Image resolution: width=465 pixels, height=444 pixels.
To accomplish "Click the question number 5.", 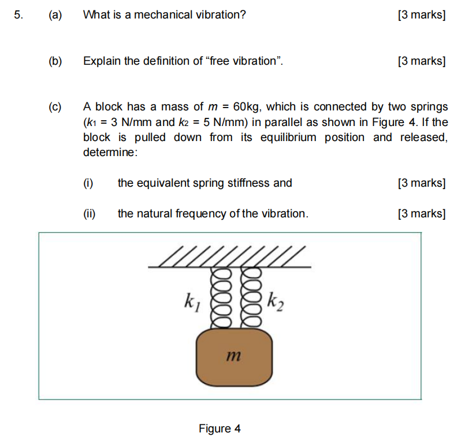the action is click(18, 15).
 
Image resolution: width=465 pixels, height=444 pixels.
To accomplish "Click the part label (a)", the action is click(55, 15).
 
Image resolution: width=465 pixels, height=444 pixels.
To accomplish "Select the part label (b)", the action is click(55, 61).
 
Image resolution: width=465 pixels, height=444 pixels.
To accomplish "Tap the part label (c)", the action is click(55, 107).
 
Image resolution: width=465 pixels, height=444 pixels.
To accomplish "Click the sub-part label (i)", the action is click(88, 183).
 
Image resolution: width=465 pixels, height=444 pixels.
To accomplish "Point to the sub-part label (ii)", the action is click(90, 214).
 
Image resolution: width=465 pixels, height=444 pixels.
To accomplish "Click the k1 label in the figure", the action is click(191, 301).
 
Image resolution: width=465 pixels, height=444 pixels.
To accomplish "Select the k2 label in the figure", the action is click(276, 301).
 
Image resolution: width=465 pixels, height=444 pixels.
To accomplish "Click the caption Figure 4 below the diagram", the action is click(220, 428).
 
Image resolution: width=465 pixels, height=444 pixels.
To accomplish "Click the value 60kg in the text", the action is click(247, 107).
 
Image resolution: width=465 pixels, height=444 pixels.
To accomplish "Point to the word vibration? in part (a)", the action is click(219, 15).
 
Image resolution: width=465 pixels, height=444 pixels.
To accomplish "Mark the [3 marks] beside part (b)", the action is click(422, 61).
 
